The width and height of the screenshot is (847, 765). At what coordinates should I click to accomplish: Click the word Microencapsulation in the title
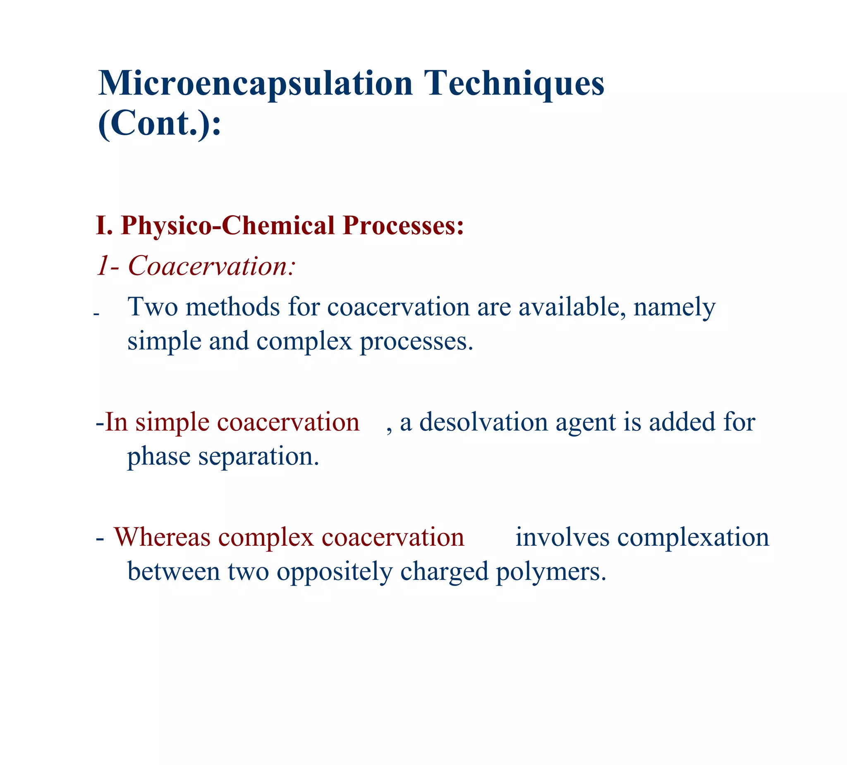pos(256,83)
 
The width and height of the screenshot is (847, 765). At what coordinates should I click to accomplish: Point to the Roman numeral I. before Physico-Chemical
pos(104,225)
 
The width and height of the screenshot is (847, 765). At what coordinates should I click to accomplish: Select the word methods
pos(233,307)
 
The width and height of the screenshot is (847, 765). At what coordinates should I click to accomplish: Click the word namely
pos(674,308)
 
